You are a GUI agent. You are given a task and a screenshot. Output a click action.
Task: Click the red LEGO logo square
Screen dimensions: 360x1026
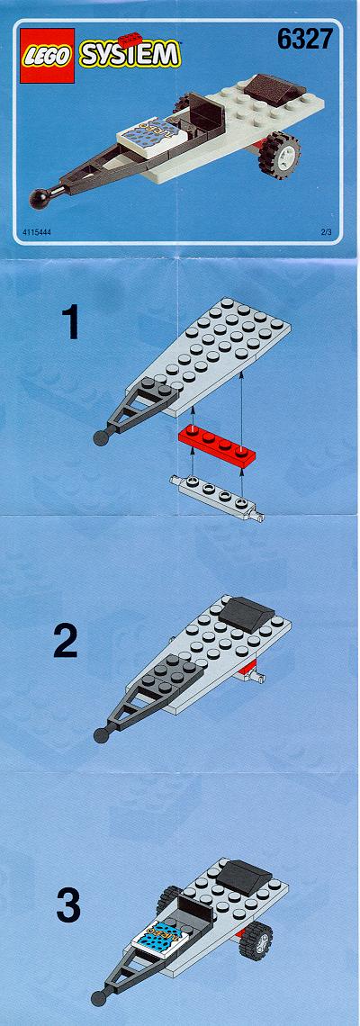pos(47,56)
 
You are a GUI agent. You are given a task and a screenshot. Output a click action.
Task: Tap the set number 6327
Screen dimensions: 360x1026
pos(305,40)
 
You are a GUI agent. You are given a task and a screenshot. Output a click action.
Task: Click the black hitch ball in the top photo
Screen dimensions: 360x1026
pos(38,198)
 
